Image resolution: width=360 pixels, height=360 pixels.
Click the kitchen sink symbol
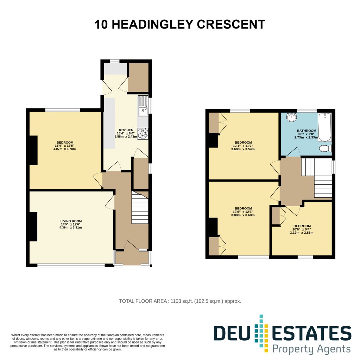(x=143, y=106)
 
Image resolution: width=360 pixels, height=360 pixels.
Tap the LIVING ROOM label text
(x=71, y=221)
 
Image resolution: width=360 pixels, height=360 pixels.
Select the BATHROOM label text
(x=307, y=131)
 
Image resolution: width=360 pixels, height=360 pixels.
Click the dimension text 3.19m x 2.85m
(x=302, y=233)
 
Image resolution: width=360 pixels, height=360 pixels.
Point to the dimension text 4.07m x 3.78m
(x=62, y=149)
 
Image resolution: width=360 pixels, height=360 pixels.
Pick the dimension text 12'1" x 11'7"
(x=243, y=146)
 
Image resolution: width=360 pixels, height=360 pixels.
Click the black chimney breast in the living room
(x=33, y=227)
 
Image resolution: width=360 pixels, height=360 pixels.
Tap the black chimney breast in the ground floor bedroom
(x=33, y=150)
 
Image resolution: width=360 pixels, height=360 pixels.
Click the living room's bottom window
(x=71, y=265)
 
